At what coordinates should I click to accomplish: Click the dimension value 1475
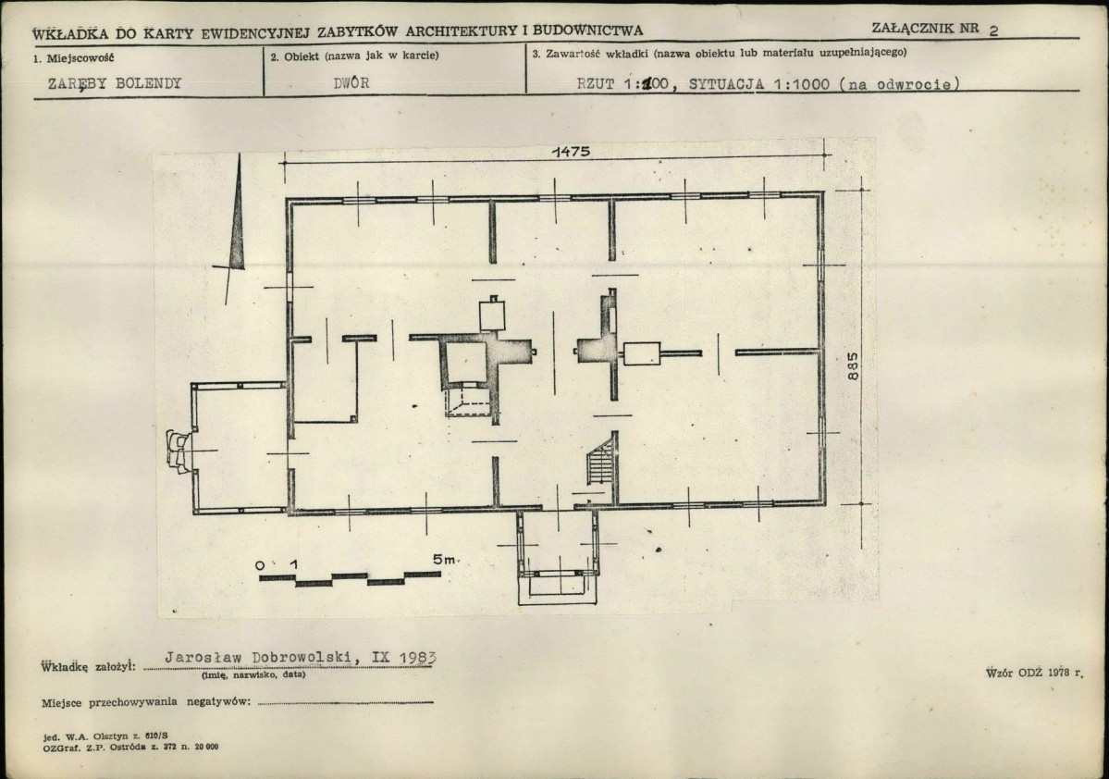click(571, 152)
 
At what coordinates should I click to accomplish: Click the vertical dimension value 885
click(853, 365)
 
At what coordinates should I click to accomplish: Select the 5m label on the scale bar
click(444, 559)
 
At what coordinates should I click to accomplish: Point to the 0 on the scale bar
click(260, 564)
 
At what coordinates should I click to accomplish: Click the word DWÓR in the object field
click(351, 82)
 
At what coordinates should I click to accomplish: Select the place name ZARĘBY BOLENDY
click(115, 83)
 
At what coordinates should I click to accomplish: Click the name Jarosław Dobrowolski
click(258, 657)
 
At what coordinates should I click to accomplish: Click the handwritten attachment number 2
click(993, 31)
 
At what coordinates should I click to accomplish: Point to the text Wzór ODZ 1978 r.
click(1034, 673)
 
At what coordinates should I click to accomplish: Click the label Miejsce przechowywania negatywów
click(146, 702)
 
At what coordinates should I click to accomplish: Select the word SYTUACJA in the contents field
click(726, 83)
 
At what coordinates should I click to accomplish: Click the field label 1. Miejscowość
click(74, 58)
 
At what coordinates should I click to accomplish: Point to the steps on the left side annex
click(178, 451)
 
